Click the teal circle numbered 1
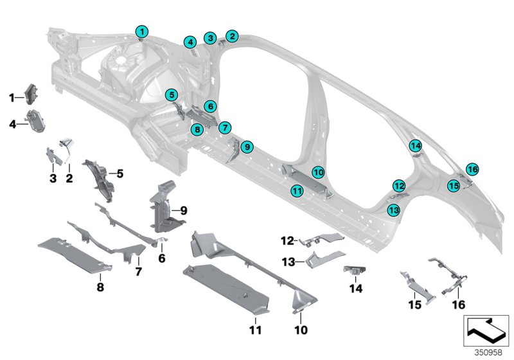coord(141,31)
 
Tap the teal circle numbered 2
coord(232,37)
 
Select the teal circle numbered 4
coord(190,42)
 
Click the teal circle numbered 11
coord(296,190)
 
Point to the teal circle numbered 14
coord(415,145)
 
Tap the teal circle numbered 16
coord(472,169)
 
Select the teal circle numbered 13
coord(393,210)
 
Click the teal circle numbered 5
coord(171,95)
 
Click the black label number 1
coord(12,97)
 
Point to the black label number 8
coord(100,287)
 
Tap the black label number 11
coord(254,330)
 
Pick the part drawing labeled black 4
coord(33,120)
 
